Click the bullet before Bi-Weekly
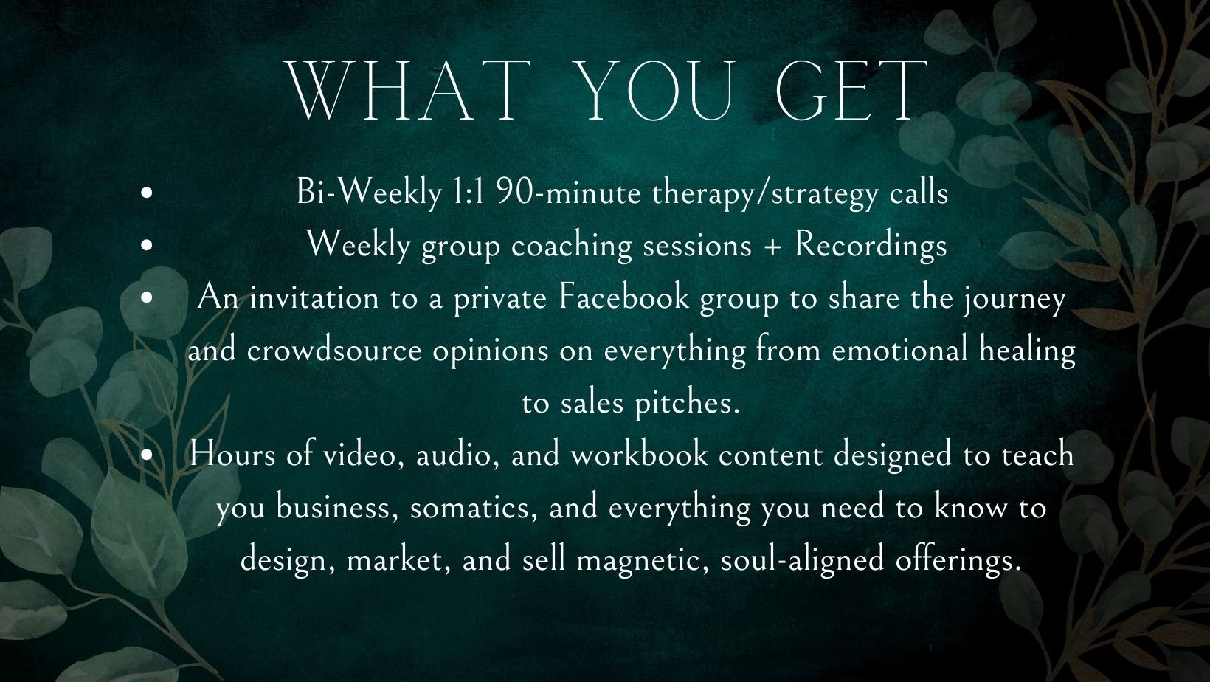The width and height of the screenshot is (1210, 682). [146, 193]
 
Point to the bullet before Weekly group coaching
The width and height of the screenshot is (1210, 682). [146, 246]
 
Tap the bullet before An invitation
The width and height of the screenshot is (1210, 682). [146, 298]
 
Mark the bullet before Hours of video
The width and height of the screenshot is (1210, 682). [146, 455]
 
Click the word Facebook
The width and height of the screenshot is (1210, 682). [624, 297]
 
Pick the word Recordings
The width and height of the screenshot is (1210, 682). [871, 246]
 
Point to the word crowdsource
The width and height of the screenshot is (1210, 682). [334, 350]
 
